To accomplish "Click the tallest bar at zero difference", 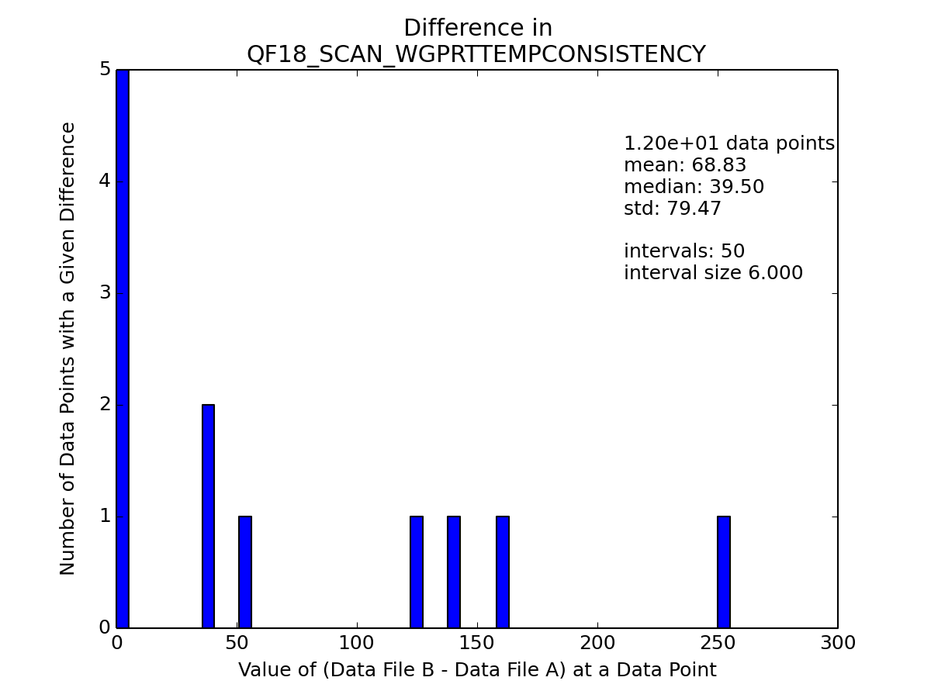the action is tap(123, 348).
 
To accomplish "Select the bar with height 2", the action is tap(208, 517).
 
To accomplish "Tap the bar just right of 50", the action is tap(245, 572).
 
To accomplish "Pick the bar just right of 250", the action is tap(724, 572).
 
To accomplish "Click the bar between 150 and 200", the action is tap(503, 572).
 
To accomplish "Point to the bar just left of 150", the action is tap(454, 572).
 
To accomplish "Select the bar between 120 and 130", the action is tap(417, 572).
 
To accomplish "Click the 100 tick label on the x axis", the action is tap(356, 643).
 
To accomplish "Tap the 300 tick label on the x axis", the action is tap(838, 643).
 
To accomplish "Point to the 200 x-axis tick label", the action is tap(597, 643).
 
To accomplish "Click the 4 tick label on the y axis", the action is tap(104, 181).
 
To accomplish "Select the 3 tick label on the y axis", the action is tap(106, 293).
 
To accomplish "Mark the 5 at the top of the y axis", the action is tap(106, 69).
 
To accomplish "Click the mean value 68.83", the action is tap(719, 165).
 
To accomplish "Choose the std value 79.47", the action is tap(694, 208).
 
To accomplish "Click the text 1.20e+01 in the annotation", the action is tap(672, 143).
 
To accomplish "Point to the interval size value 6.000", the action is tap(775, 272).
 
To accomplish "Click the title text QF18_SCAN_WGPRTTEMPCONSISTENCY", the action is tap(476, 54).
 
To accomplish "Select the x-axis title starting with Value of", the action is tap(477, 670).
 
